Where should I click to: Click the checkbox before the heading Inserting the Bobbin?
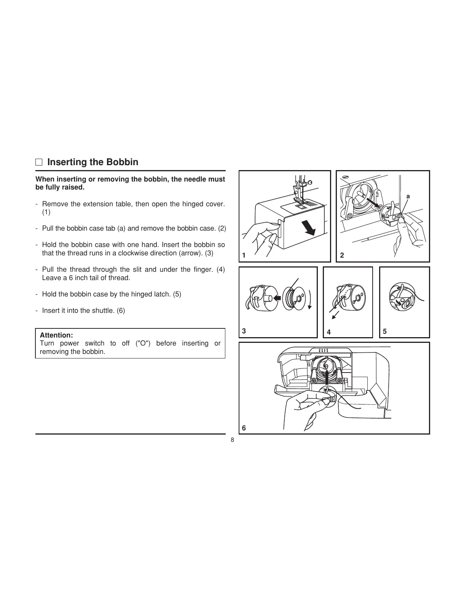point(39,162)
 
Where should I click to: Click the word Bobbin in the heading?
point(122,162)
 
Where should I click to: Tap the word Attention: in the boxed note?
point(56,335)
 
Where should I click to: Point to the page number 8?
point(232,440)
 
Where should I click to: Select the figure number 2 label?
point(342,256)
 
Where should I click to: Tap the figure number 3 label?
point(244,331)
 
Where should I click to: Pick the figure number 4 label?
point(329,332)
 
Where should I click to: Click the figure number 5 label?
point(385,331)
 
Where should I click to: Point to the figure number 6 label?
point(244,428)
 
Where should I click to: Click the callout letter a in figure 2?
point(408,196)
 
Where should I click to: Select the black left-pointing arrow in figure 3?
point(277,298)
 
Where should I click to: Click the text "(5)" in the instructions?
point(177,294)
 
